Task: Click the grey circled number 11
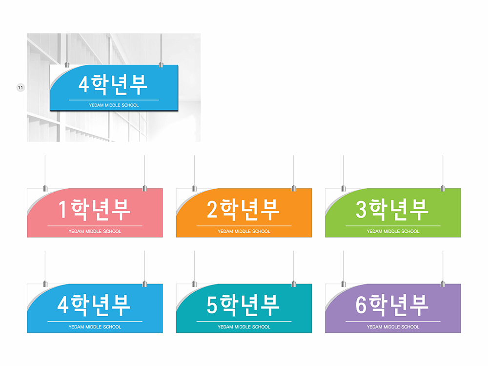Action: point(20,88)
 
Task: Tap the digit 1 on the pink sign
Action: point(62,209)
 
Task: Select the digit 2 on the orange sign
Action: point(212,209)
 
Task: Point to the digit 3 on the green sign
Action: point(361,209)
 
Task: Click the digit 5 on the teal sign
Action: point(212,305)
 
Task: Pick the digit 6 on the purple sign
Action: point(361,305)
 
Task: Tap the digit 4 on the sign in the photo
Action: point(83,84)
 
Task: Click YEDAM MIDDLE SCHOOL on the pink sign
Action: point(95,231)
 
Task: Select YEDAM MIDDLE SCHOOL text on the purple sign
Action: point(393,327)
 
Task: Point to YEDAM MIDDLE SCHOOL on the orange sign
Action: point(244,231)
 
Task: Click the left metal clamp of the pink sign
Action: point(45,188)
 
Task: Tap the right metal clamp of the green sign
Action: point(443,188)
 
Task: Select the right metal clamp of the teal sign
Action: point(294,284)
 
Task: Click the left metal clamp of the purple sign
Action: point(344,284)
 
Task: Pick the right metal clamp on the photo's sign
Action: point(161,64)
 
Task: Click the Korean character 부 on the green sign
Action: point(419,209)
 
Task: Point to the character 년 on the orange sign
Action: point(250,210)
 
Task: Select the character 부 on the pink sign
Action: point(121,209)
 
